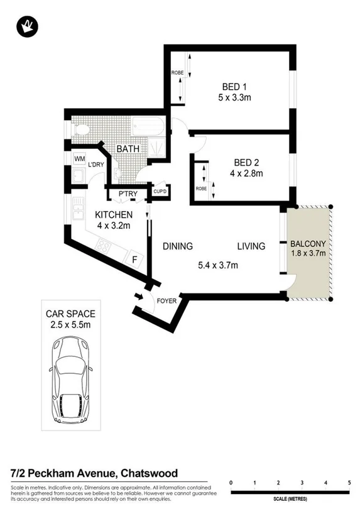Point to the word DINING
click(x=178, y=246)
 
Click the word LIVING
click(x=251, y=246)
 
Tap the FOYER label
click(x=166, y=300)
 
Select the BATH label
click(x=128, y=149)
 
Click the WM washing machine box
click(x=79, y=160)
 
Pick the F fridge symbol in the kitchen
click(x=133, y=259)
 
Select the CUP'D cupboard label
click(x=160, y=191)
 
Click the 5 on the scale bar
click(x=349, y=482)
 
